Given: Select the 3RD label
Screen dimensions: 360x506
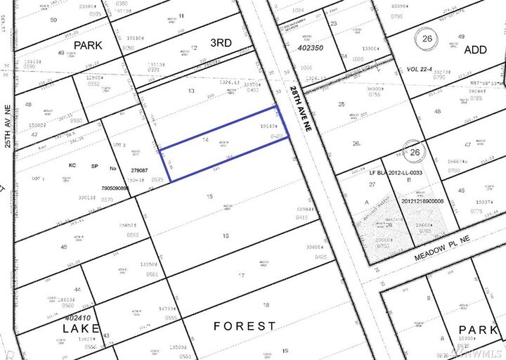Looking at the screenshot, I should click(x=221, y=43).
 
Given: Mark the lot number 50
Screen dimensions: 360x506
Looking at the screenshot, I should click(x=53, y=20).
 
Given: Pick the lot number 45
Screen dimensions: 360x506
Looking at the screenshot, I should click(x=64, y=247).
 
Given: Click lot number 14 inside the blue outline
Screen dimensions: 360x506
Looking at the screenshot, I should click(x=205, y=141).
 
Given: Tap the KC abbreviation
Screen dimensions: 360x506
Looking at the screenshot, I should click(x=72, y=166).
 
